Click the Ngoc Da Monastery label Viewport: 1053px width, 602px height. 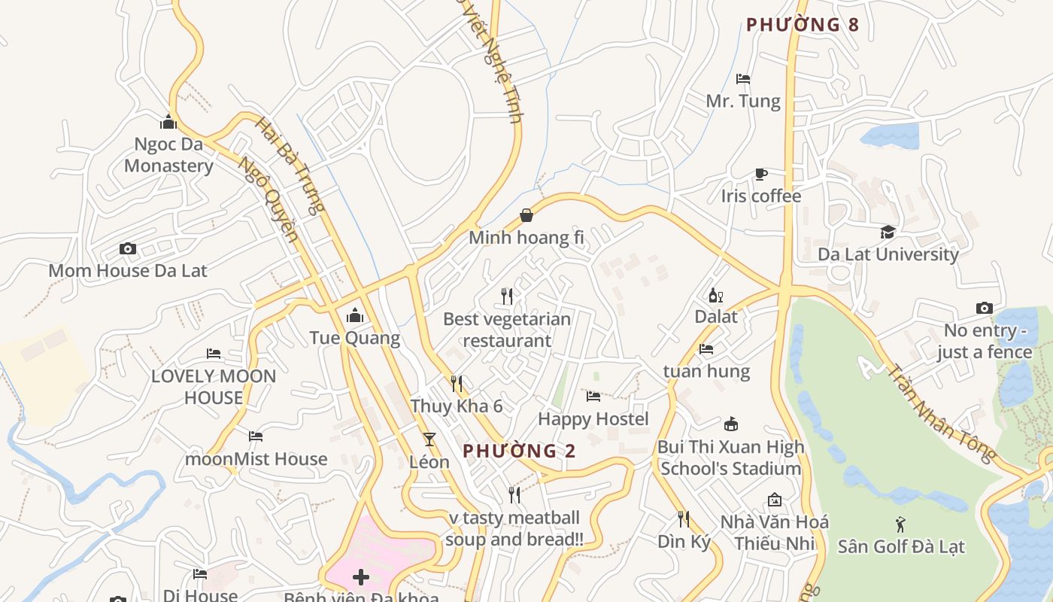coord(168,155)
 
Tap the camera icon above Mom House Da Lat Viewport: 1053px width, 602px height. coord(128,249)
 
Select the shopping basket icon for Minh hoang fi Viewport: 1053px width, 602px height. coord(526,216)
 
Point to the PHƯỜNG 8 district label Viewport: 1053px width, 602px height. coord(802,25)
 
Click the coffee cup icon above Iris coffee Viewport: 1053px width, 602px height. coord(761,175)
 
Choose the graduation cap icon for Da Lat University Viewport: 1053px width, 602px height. coord(888,232)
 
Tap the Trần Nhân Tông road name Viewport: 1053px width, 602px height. coord(941,413)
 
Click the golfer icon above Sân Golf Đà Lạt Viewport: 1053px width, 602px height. coord(900,524)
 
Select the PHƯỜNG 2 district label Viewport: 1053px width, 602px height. coord(519,451)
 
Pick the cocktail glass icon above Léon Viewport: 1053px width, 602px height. coord(429,439)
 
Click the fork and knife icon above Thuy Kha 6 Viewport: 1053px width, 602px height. coord(457,384)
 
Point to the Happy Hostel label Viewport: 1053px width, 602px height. coord(593,418)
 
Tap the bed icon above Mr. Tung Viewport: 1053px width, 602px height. coord(743,79)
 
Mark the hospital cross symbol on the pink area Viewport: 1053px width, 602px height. coord(361,577)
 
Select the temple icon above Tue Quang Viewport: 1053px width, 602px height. coord(355,315)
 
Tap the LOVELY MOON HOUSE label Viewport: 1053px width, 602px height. coord(214,387)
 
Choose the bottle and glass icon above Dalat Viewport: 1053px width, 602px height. coord(715,295)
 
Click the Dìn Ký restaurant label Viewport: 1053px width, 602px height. coord(684,542)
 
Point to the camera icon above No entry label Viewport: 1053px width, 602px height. coord(984,308)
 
